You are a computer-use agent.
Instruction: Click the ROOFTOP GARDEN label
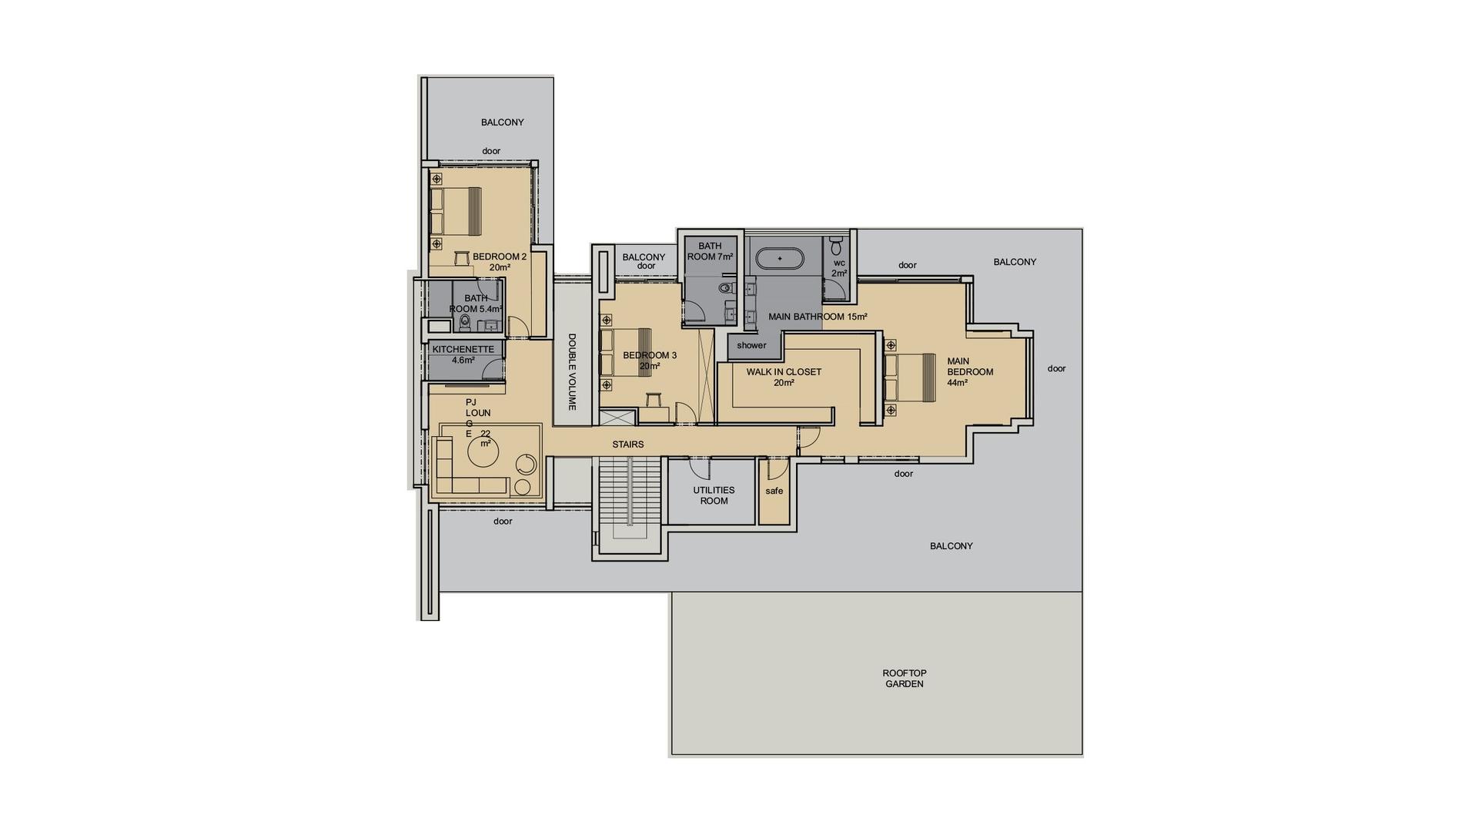point(904,679)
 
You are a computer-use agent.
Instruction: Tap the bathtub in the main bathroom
point(780,258)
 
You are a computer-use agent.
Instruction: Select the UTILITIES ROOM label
point(714,495)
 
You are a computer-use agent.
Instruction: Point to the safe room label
point(774,491)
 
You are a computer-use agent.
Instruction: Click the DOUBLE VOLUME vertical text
point(572,371)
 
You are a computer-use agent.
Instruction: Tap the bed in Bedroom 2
point(456,211)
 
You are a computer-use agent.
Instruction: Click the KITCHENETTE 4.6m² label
point(463,354)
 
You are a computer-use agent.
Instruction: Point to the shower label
point(751,345)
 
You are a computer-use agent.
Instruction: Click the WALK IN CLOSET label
point(784,377)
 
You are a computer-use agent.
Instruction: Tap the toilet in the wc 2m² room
point(837,247)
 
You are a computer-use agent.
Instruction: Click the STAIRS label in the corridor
point(628,445)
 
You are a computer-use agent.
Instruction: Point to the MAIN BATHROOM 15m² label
point(818,317)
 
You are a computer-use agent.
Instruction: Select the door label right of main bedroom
point(1057,368)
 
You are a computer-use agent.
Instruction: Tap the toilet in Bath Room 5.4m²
point(464,322)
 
